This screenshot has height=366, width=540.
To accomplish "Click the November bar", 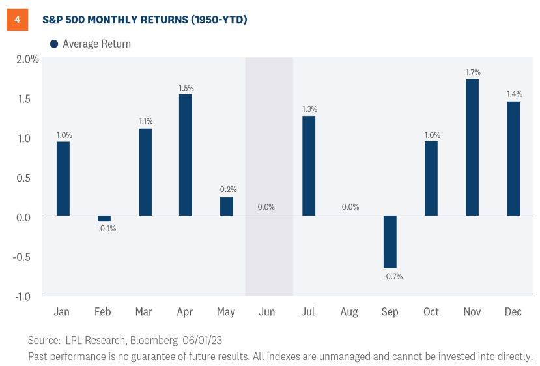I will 472,147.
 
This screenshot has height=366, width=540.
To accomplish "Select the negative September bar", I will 390,242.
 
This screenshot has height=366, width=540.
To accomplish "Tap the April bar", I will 185,155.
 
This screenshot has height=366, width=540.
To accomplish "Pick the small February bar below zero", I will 104,219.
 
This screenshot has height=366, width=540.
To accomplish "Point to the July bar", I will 308,165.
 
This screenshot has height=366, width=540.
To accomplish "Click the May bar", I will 226,206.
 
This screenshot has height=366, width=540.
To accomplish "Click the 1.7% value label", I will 472,72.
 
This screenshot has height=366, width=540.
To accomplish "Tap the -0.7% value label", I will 390,276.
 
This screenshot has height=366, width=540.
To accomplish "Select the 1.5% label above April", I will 185,87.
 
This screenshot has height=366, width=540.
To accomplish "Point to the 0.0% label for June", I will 266,207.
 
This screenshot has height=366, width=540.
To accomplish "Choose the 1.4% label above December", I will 513,94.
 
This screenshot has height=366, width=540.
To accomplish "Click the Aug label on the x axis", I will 349,313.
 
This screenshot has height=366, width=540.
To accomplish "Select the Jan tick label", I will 63,313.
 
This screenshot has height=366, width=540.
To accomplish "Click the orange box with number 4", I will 18,20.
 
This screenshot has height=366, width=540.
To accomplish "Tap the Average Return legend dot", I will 54,44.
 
